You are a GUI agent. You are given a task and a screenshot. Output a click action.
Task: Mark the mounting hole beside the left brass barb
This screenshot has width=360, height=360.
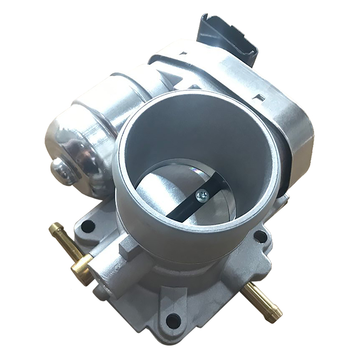tap(88, 226)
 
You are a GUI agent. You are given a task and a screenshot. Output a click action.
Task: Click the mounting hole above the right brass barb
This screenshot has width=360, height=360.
tap(260, 236)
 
